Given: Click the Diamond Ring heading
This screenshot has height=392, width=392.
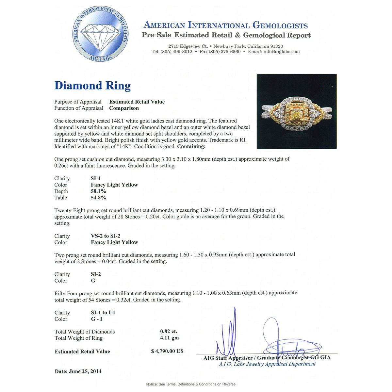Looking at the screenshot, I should (92, 86).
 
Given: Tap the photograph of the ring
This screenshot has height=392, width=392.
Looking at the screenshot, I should (297, 111).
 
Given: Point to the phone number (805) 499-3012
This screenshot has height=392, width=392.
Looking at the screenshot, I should (176, 52).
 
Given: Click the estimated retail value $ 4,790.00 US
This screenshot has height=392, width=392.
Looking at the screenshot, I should (167, 351).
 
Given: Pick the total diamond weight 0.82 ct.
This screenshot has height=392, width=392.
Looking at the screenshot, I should (169, 332).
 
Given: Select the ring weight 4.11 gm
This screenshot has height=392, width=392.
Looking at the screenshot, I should (169, 338).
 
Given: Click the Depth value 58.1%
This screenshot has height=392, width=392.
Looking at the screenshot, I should (98, 191).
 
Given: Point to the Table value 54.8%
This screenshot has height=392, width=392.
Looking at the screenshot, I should (98, 198).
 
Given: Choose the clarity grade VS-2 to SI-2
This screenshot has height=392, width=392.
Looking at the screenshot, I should (106, 236).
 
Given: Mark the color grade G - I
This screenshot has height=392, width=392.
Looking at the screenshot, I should (97, 319).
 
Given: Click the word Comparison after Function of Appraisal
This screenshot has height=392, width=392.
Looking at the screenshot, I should (124, 108).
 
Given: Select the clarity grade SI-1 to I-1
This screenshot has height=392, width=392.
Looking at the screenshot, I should (103, 313).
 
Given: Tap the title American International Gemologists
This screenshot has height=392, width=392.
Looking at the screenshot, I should (226, 25).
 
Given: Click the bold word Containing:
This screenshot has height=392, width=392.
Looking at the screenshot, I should (191, 146).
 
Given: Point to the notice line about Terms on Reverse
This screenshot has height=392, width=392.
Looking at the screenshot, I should (191, 384).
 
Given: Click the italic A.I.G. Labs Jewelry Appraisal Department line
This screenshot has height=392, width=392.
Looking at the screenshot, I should (267, 364).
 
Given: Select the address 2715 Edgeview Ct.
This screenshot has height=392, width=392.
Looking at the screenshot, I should (188, 46).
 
